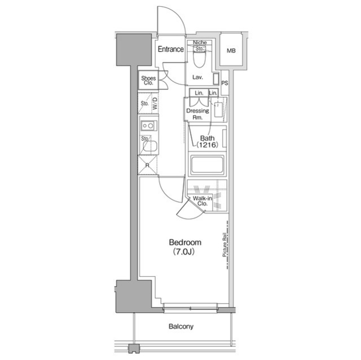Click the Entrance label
[x=170, y=49]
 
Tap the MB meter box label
[x=231, y=51]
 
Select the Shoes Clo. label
[x=148, y=81]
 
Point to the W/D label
[x=155, y=104]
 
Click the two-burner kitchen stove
[x=149, y=126]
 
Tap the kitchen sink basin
[x=149, y=146]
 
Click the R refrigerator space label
[x=147, y=165]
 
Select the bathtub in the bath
[x=207, y=165]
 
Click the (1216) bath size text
[x=207, y=145]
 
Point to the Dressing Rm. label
[x=197, y=114]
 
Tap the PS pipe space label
[x=224, y=83]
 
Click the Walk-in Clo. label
[x=202, y=201]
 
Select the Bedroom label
[x=185, y=242]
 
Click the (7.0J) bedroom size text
[x=184, y=252]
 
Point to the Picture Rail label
[x=224, y=245]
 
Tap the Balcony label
[x=181, y=326]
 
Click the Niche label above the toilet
[x=200, y=42]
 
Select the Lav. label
[x=197, y=78]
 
